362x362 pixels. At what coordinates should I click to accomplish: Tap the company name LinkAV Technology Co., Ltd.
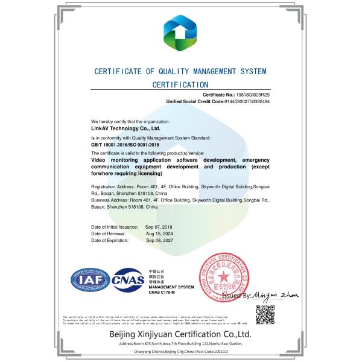tap(121, 129)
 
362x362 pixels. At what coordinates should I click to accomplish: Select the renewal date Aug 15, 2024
tap(159, 233)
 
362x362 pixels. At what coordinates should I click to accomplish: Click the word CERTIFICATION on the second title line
tap(180, 85)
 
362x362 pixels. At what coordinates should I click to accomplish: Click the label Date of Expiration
tap(110, 240)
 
